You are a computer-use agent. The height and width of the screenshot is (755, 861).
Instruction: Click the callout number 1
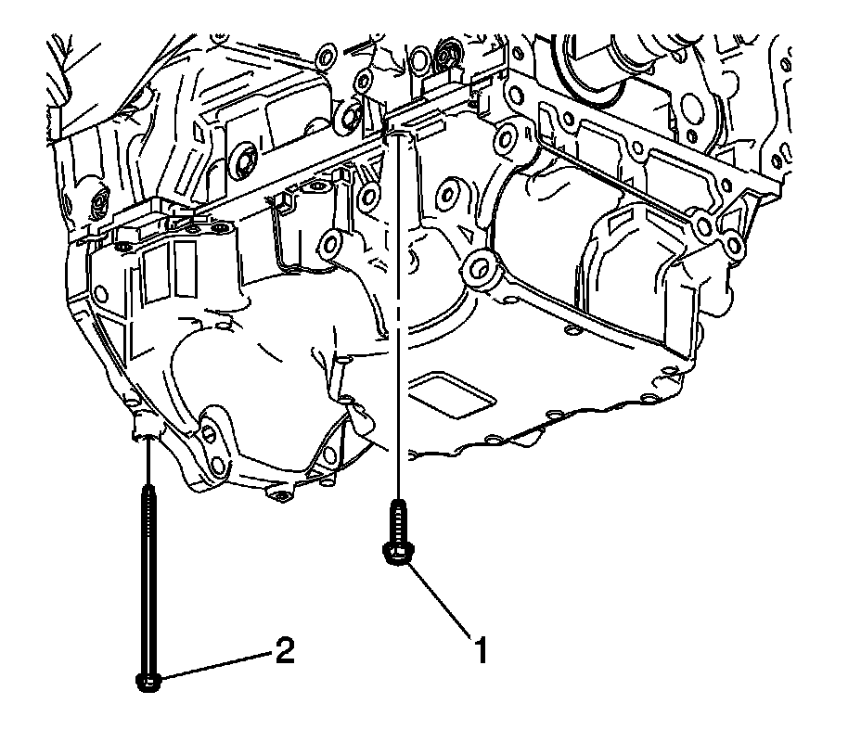click(x=480, y=650)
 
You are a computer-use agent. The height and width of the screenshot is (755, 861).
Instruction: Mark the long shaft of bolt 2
click(x=148, y=575)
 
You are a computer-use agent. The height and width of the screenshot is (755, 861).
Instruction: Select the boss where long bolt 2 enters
click(x=146, y=428)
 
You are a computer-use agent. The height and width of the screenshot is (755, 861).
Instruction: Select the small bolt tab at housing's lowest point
click(x=276, y=494)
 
